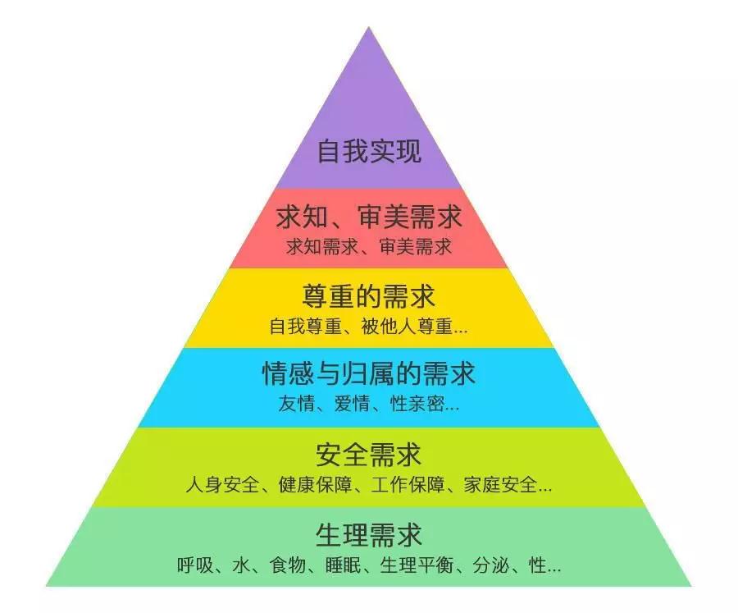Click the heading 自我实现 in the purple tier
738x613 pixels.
(x=369, y=151)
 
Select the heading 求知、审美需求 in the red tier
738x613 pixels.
(x=369, y=217)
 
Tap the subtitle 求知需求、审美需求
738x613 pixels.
(x=369, y=246)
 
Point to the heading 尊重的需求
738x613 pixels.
(x=369, y=296)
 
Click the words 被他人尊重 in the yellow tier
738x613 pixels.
(x=407, y=326)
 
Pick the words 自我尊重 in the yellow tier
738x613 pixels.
(x=306, y=326)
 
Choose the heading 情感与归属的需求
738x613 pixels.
(x=369, y=373)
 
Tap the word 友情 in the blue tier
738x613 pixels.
(x=296, y=404)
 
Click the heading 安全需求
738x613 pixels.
(x=369, y=455)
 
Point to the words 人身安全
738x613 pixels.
(x=222, y=484)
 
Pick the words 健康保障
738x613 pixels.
(x=316, y=484)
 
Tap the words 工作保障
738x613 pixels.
(x=408, y=484)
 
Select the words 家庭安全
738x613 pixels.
(x=500, y=484)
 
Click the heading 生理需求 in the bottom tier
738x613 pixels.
(x=369, y=535)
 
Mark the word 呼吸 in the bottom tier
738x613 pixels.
(x=195, y=565)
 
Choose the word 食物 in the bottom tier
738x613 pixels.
(x=288, y=565)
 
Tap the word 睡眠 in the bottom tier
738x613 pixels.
(x=343, y=565)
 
